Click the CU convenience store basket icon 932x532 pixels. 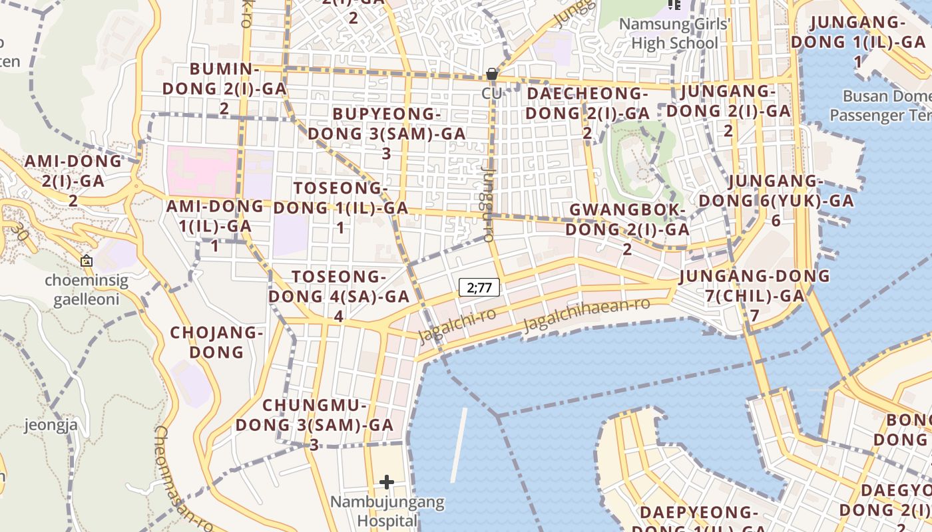[x=492, y=74]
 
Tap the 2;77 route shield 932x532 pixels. [x=479, y=288]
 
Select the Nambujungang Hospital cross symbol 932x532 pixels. [x=387, y=482]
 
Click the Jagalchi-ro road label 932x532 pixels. [x=457, y=324]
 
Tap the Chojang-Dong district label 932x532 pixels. [x=217, y=342]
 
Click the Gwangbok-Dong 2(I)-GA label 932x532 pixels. [x=627, y=229]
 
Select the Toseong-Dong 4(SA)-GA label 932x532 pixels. [x=339, y=296]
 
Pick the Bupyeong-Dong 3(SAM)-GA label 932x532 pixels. [x=387, y=133]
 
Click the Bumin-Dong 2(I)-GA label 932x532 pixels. [x=224, y=88]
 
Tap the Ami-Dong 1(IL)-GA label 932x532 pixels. [x=210, y=225]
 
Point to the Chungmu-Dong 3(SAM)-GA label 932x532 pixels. [x=314, y=424]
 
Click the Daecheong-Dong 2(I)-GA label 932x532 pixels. [x=587, y=112]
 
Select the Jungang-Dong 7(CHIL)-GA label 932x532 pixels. [x=754, y=295]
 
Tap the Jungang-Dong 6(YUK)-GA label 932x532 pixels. [x=776, y=200]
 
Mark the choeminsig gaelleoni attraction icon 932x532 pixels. [x=86, y=261]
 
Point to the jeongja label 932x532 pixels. [x=51, y=425]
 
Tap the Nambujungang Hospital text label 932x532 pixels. [x=387, y=511]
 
